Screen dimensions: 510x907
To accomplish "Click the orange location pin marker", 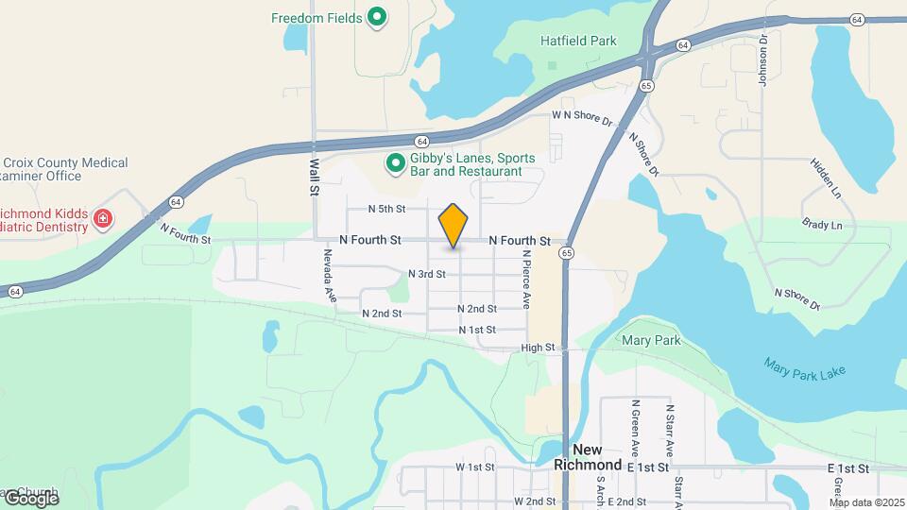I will (x=453, y=225).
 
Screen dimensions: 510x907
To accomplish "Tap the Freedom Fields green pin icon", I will (x=377, y=17).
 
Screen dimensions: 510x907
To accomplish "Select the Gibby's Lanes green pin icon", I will (x=395, y=164).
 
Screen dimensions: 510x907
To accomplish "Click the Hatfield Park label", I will (x=578, y=41).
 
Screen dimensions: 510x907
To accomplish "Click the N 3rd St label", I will (x=426, y=274).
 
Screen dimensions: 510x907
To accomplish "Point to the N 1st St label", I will (x=477, y=330).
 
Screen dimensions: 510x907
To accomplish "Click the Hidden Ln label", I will (x=825, y=177).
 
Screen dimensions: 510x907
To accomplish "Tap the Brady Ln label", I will (x=822, y=226).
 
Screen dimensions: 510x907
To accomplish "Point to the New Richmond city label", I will (x=597, y=457).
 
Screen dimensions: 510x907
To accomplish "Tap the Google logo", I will (x=30, y=498).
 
